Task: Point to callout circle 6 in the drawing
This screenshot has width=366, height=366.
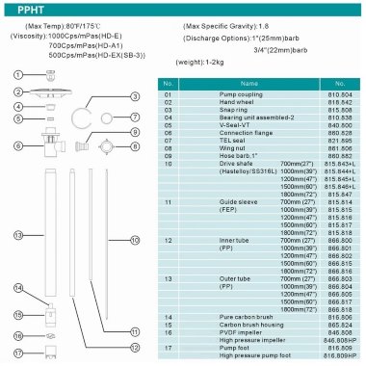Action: click(x=17, y=145)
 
